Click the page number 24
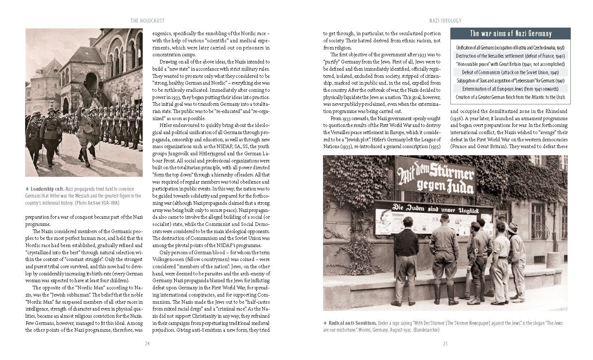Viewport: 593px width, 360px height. tap(147, 344)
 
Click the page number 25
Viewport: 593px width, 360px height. tap(445, 344)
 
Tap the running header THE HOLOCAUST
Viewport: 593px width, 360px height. tap(147, 21)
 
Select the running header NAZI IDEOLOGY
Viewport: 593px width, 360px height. tap(445, 21)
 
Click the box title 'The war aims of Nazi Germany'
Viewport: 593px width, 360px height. tap(511, 34)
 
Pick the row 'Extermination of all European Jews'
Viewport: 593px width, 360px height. tap(510, 89)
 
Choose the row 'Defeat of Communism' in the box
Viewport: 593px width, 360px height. tap(510, 72)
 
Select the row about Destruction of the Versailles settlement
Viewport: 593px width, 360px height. tap(510, 56)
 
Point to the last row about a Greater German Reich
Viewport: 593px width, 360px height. tap(510, 97)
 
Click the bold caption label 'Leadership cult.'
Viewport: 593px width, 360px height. tap(47, 189)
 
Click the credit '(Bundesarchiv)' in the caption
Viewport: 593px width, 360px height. tap(426, 330)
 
